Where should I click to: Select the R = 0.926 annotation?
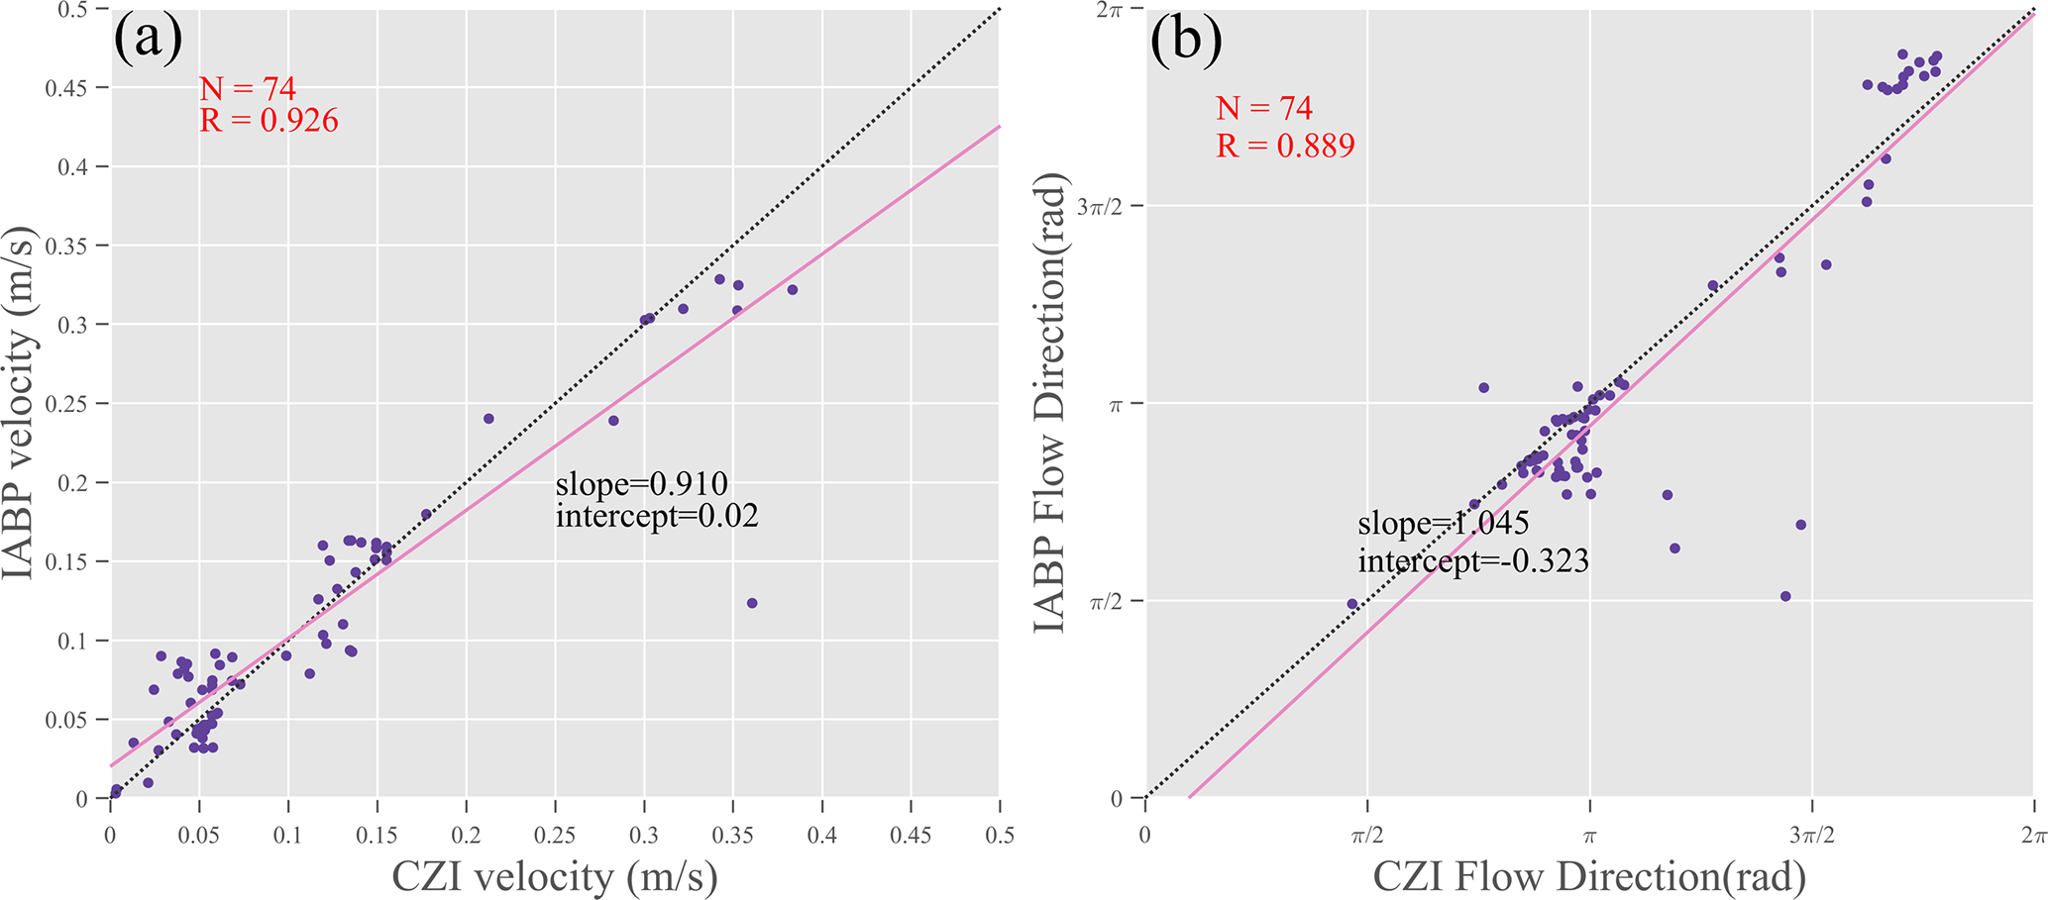click(x=269, y=121)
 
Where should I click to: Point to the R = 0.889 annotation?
click(x=1285, y=146)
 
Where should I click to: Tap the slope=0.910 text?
click(x=641, y=484)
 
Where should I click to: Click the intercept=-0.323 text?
click(x=1472, y=561)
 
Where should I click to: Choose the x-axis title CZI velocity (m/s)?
click(x=555, y=876)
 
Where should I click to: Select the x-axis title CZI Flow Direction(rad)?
click(x=1589, y=876)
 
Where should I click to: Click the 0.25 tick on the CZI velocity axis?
click(x=554, y=836)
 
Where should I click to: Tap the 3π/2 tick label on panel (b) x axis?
click(x=1812, y=836)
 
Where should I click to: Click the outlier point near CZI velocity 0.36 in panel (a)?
click(x=752, y=603)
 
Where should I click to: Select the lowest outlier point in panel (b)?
click(x=1785, y=596)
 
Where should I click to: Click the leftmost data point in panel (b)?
click(x=1352, y=604)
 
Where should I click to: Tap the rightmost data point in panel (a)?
click(x=793, y=290)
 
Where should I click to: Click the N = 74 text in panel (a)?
click(x=248, y=89)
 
